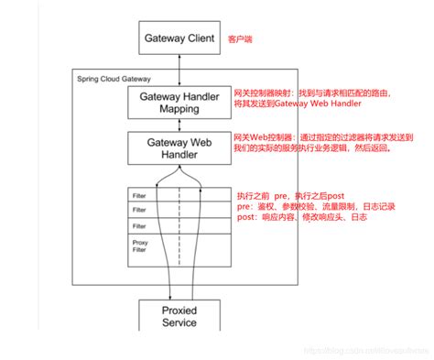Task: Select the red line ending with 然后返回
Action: pyautogui.click(x=313, y=147)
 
